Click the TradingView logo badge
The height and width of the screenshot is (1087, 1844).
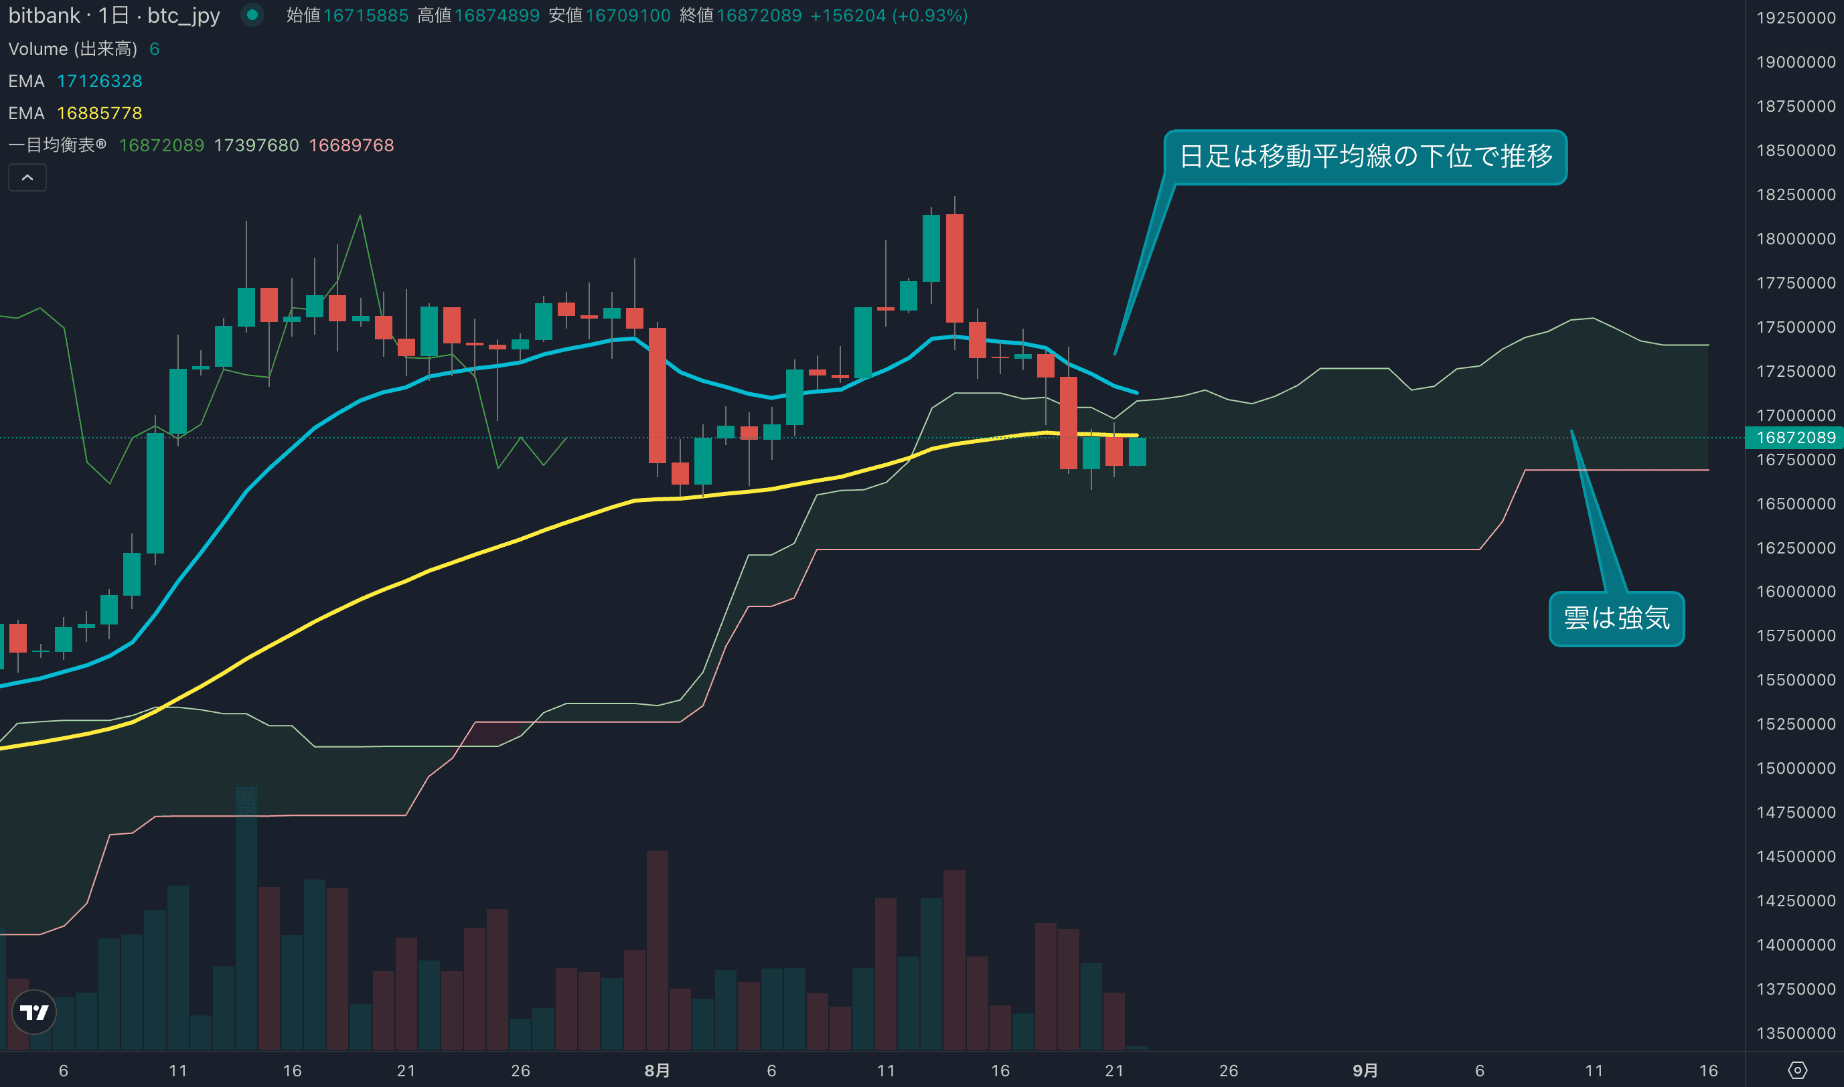click(x=33, y=1011)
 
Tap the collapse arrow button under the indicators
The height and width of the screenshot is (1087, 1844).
click(x=27, y=178)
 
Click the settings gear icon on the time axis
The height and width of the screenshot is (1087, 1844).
click(x=1797, y=1070)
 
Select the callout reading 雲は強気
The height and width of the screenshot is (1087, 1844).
click(x=1616, y=619)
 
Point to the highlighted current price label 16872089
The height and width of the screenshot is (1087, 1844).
click(x=1795, y=437)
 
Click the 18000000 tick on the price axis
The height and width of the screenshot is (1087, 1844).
click(x=1795, y=239)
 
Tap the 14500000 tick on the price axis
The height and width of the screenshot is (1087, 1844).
click(x=1795, y=856)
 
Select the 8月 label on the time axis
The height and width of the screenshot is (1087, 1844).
click(x=657, y=1070)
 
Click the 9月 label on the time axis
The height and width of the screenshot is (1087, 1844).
click(x=1365, y=1070)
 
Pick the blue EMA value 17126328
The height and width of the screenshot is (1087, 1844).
click(x=100, y=81)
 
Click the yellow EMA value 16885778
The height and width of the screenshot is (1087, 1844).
click(x=100, y=114)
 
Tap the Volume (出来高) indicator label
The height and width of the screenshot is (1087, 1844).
click(x=72, y=49)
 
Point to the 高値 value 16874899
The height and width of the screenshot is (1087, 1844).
click(x=497, y=15)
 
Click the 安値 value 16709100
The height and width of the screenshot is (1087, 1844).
click(x=628, y=15)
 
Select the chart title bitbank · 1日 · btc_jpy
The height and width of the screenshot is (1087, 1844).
click(x=114, y=15)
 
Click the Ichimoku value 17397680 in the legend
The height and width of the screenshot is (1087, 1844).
click(x=256, y=145)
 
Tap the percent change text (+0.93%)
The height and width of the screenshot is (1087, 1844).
click(x=929, y=15)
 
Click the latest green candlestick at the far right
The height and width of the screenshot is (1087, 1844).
click(x=1137, y=451)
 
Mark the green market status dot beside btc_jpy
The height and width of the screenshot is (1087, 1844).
click(x=252, y=15)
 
